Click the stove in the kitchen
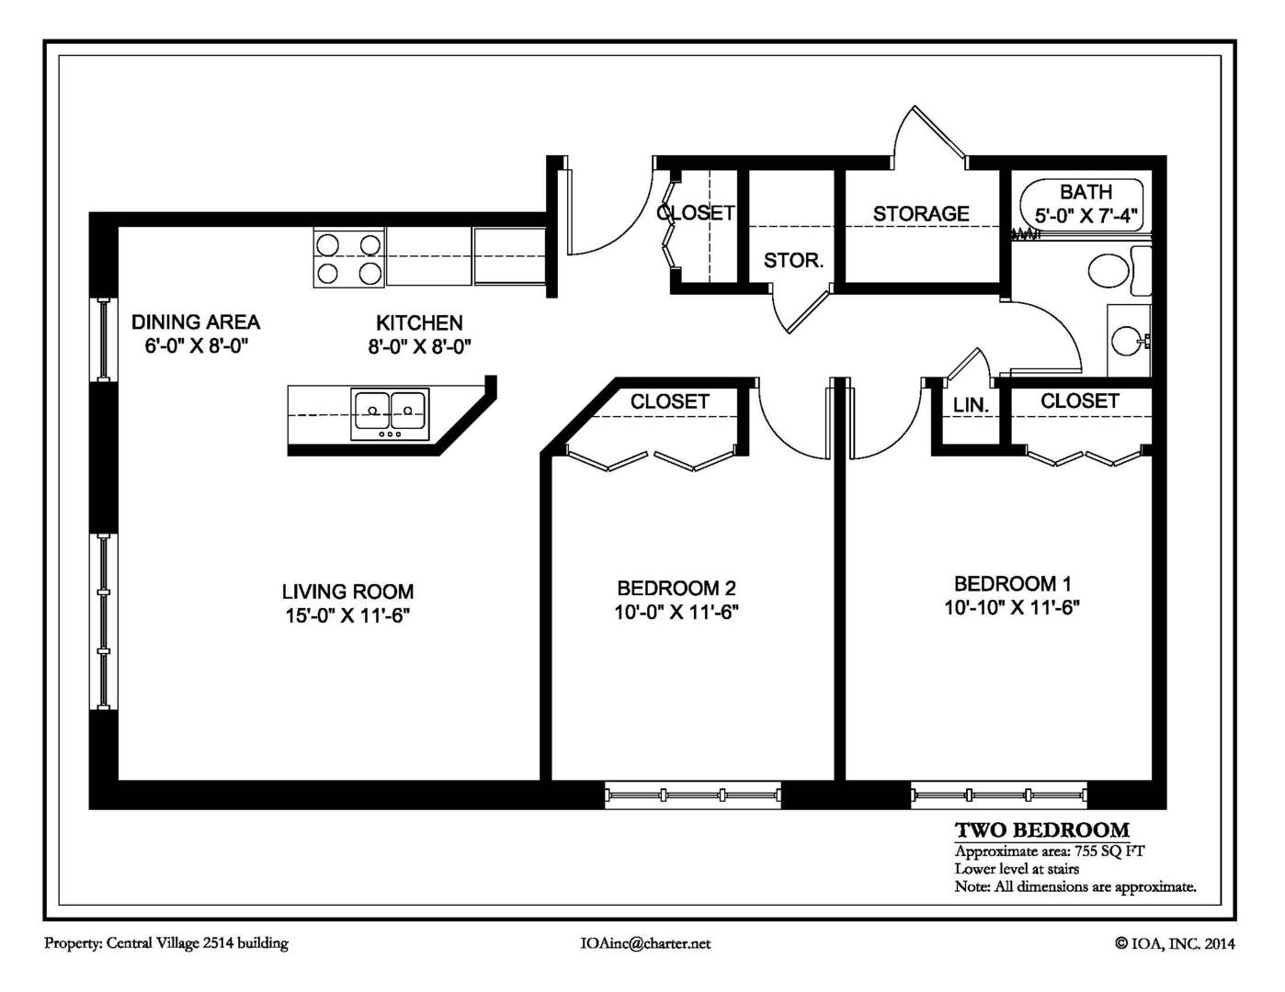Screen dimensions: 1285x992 [349, 258]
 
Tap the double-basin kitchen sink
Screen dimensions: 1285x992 [390, 414]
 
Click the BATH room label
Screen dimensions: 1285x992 [1086, 192]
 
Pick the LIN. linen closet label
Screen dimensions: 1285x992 [971, 405]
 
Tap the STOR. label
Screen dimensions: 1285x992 [793, 261]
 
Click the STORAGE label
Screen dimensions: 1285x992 [921, 214]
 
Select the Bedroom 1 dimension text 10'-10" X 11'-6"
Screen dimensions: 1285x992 [1012, 607]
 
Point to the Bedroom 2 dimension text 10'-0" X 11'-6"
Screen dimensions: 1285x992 [677, 612]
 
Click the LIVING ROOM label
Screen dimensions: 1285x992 [347, 592]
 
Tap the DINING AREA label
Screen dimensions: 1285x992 [196, 322]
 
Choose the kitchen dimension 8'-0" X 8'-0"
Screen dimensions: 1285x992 [419, 346]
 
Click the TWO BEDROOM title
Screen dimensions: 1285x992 [1042, 830]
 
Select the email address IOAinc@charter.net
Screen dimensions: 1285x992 [645, 943]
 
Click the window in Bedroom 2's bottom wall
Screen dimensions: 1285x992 [692, 795]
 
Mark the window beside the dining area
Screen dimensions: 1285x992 [104, 340]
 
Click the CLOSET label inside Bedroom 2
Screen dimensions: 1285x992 [669, 401]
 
